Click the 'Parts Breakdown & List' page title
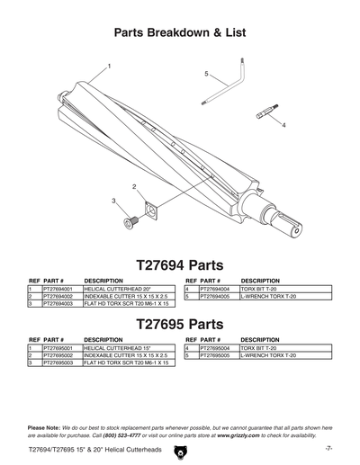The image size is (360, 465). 180,32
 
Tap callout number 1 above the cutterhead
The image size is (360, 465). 110,67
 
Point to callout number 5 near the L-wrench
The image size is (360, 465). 206,72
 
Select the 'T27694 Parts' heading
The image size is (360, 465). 180,265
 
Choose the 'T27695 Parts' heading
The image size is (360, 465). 180,323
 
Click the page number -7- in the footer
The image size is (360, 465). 329,447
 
